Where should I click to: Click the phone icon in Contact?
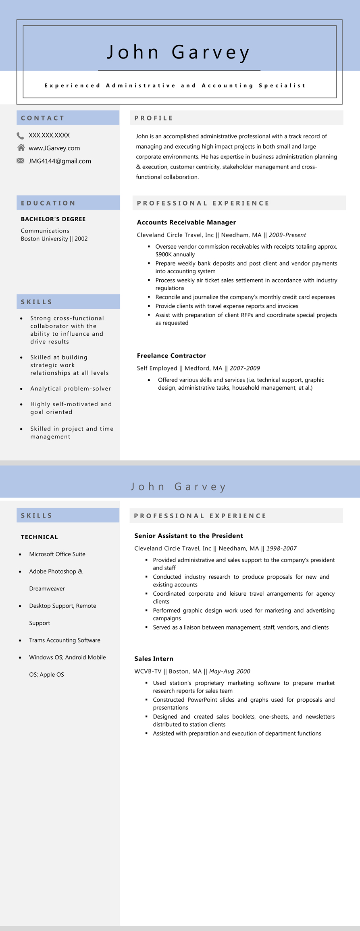click(21, 135)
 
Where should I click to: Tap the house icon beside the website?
click(21, 148)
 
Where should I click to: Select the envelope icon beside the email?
click(21, 161)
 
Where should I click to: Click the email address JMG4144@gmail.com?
click(60, 161)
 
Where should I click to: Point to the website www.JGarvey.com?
click(54, 148)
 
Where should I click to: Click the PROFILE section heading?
click(154, 118)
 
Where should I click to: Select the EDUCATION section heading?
click(48, 203)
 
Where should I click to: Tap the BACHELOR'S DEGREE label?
click(53, 219)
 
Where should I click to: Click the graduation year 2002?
click(81, 239)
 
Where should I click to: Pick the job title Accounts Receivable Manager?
click(186, 222)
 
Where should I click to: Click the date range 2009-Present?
click(287, 235)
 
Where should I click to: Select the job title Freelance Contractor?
click(171, 356)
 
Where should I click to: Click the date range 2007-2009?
click(245, 368)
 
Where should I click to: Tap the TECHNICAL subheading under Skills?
click(40, 537)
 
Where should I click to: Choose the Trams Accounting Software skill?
click(65, 640)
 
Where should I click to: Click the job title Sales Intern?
click(154, 659)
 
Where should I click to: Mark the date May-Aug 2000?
click(229, 671)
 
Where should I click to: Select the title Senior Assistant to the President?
click(189, 536)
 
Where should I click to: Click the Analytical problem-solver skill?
click(71, 389)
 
